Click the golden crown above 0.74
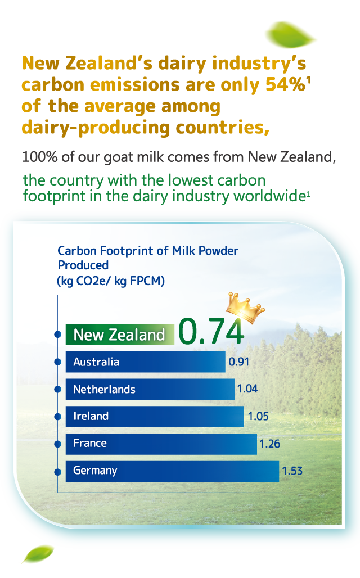pyautogui.click(x=245, y=308)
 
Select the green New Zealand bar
pyautogui.click(x=120, y=335)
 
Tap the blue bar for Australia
pyautogui.click(x=145, y=362)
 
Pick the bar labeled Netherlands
pyautogui.click(x=150, y=389)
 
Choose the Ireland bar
pyautogui.click(x=155, y=416)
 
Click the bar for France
pyautogui.click(x=161, y=444)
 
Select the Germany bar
pyautogui.click(x=172, y=471)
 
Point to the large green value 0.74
pyautogui.click(x=211, y=331)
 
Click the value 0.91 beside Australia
pyautogui.click(x=239, y=362)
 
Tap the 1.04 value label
pyautogui.click(x=247, y=389)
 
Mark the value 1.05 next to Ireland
pyautogui.click(x=258, y=416)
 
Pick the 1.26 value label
pyautogui.click(x=269, y=444)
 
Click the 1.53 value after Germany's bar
pyautogui.click(x=292, y=471)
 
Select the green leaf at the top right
pyautogui.click(x=290, y=35)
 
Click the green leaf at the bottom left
pyautogui.click(x=38, y=554)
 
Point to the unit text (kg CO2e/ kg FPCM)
pyautogui.click(x=111, y=281)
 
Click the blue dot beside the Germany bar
pyautogui.click(x=57, y=472)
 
